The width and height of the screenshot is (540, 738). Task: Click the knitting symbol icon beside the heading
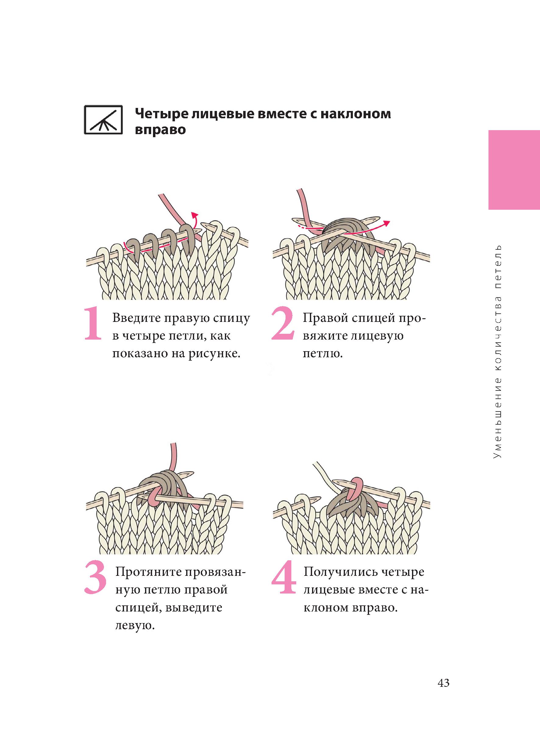pyautogui.click(x=103, y=120)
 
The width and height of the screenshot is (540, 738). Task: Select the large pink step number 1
pyautogui.click(x=93, y=324)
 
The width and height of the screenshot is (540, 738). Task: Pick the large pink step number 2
pyautogui.click(x=283, y=324)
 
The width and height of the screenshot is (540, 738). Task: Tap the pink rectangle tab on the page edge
pyautogui.click(x=514, y=170)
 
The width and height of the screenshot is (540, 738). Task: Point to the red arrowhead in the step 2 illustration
pyautogui.click(x=386, y=223)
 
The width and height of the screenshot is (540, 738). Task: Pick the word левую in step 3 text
pyautogui.click(x=134, y=626)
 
